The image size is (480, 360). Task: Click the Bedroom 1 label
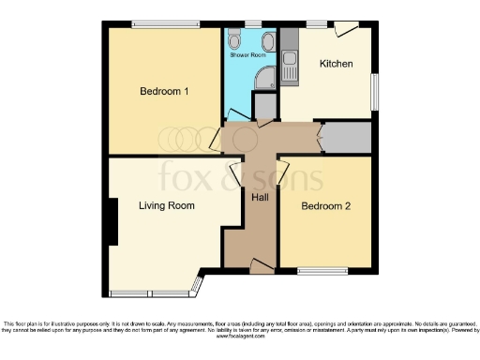click(165, 92)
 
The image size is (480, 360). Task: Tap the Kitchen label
click(336, 64)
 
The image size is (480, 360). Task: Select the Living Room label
click(167, 205)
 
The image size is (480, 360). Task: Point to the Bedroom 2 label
click(326, 205)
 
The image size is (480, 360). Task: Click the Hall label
click(260, 198)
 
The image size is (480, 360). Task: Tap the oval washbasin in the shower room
click(267, 40)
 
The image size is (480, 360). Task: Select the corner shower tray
click(266, 77)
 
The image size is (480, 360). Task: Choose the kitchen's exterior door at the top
click(347, 28)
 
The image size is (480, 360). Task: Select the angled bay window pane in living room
click(196, 284)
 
